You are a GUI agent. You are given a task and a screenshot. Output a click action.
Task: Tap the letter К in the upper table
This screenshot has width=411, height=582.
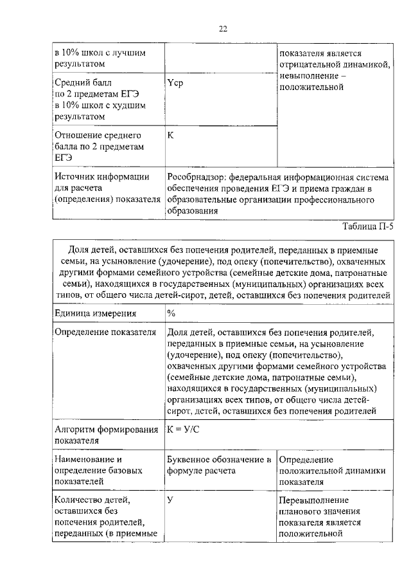coord(170,136)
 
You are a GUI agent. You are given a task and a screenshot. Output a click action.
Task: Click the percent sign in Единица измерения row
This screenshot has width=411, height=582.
coord(171,313)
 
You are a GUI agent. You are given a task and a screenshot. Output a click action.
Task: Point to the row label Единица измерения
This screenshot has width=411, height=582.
coord(96,313)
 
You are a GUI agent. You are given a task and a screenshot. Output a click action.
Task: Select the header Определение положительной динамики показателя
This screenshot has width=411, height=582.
coord(331,470)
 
